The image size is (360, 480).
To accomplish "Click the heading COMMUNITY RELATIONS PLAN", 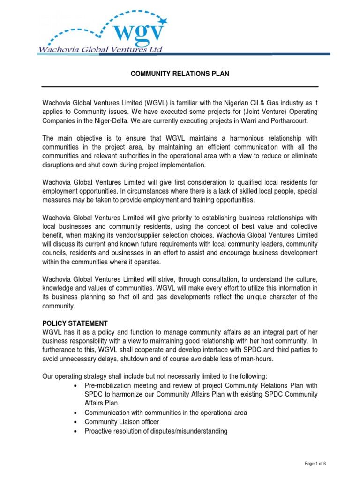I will [180, 75].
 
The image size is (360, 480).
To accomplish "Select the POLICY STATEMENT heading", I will [75, 323].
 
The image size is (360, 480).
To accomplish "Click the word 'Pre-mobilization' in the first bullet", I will [106, 386].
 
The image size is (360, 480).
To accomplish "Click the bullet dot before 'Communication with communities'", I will [76, 413].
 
